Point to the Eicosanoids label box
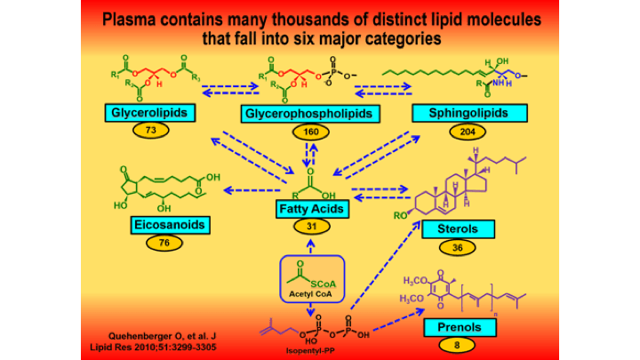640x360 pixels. [167, 224]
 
